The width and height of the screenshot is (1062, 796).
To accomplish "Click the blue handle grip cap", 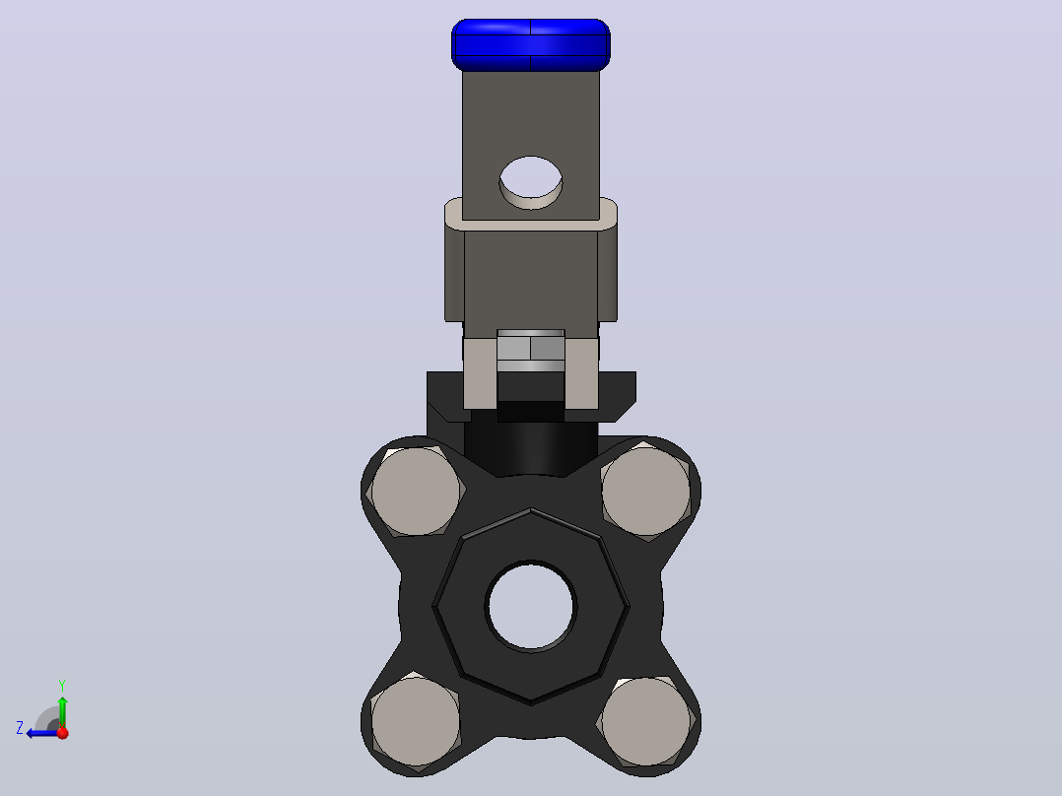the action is (x=530, y=44).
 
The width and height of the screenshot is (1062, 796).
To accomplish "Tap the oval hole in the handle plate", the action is (x=531, y=182).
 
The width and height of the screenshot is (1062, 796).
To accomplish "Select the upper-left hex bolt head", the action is (x=415, y=491).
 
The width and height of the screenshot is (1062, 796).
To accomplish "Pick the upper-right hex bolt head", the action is (x=645, y=492).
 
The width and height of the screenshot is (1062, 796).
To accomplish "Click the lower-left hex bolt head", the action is (x=415, y=721).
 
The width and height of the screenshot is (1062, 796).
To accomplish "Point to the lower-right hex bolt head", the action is (x=645, y=721).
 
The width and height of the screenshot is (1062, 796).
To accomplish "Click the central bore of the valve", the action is (x=531, y=606).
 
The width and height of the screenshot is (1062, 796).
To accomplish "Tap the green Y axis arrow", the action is (x=62, y=711).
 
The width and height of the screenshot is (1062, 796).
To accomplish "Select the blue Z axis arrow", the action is (x=42, y=733).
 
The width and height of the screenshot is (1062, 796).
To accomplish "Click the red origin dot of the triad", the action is (x=63, y=733).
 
